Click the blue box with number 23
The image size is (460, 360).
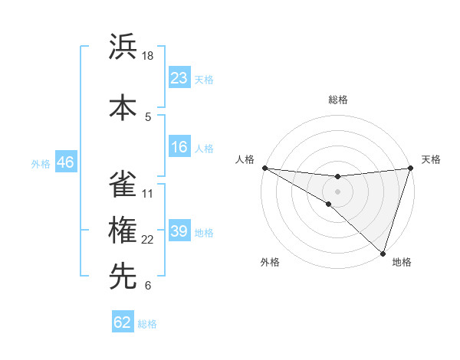coord(179,78)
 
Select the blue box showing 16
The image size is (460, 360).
coord(179,148)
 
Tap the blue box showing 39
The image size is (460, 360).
coord(179,232)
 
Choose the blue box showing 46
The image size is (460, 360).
coord(64,162)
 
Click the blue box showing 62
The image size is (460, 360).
coord(123,322)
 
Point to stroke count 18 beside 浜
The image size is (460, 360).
coord(148,56)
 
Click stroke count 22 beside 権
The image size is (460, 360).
coord(148,240)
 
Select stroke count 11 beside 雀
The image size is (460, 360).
coord(148,193)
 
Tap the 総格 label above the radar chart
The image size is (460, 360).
coord(337,100)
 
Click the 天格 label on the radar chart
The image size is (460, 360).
coord(431,159)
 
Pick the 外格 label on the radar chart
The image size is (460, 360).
coord(270,262)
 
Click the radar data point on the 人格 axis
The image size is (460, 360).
coord(264,167)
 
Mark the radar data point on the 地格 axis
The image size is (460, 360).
coord(383,253)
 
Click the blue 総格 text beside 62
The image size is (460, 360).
coord(147,324)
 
